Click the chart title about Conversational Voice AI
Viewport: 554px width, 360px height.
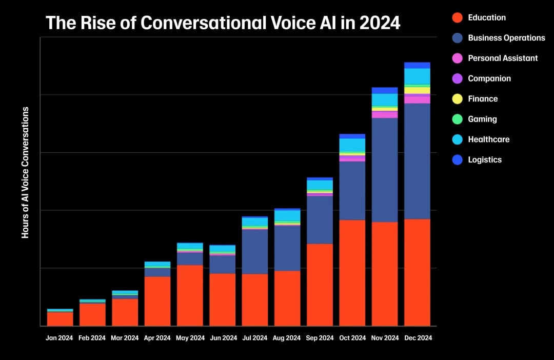pos(223,23)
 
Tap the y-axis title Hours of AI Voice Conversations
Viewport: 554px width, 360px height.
pos(25,172)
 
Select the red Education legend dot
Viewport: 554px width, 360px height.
pos(458,18)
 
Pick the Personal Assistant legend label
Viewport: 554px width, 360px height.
pos(503,58)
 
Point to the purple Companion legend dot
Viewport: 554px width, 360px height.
pos(458,79)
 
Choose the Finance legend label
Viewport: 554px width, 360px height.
pos(483,99)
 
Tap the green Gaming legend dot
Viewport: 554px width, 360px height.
pos(458,119)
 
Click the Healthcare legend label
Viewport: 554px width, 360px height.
pos(488,139)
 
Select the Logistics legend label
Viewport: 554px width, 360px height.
pos(485,160)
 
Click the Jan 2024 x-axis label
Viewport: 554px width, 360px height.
pos(60,338)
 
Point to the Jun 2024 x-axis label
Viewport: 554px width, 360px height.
pos(223,338)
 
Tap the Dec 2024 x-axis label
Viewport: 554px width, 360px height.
pos(418,338)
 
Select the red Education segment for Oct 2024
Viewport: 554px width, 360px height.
pos(352,272)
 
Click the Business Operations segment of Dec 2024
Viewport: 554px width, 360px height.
pos(418,161)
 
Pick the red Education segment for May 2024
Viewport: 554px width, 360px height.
pos(190,295)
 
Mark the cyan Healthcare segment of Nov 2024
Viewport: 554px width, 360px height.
pos(385,99)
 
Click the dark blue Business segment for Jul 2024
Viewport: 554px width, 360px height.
pos(255,251)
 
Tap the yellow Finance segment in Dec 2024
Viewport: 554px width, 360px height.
pos(418,90)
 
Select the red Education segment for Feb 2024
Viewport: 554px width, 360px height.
pos(92,314)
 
